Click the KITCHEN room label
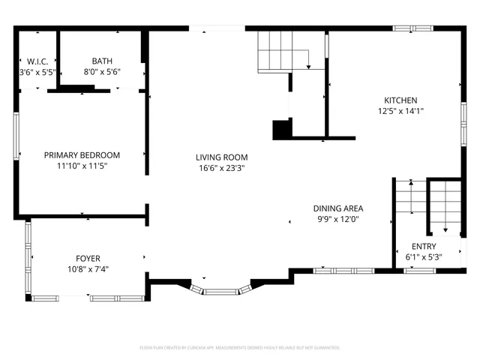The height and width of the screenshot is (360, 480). (x=400, y=100)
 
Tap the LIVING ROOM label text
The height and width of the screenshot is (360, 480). (x=221, y=157)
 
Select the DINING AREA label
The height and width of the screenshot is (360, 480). (x=338, y=208)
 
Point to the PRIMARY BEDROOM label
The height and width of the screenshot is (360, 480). (x=82, y=155)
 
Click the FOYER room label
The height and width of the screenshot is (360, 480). (x=88, y=258)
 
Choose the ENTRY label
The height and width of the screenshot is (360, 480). (x=424, y=247)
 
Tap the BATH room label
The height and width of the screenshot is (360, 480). (x=101, y=61)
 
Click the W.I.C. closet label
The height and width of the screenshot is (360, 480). (x=37, y=61)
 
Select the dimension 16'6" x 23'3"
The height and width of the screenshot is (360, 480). (x=221, y=168)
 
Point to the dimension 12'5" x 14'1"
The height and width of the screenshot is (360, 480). (x=400, y=111)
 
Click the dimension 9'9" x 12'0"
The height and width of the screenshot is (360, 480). (x=338, y=219)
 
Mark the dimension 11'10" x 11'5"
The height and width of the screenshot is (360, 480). (x=82, y=166)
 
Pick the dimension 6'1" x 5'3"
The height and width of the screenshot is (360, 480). (x=424, y=257)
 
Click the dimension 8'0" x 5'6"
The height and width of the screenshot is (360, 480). (x=101, y=72)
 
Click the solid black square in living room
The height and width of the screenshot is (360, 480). (x=281, y=130)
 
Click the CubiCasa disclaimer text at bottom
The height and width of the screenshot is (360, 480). (x=240, y=348)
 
